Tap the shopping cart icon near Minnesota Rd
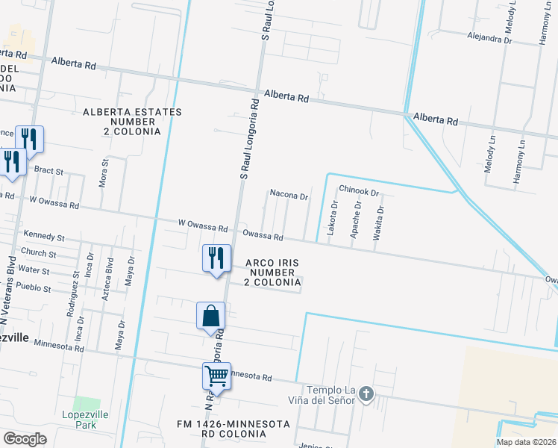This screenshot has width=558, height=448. click(216, 375)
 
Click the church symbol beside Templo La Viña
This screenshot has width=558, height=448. click(366, 393)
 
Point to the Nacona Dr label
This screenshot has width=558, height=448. click(289, 196)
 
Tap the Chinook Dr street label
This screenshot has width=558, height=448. click(359, 192)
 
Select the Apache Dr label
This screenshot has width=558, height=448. click(357, 220)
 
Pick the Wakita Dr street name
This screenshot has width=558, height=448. click(380, 222)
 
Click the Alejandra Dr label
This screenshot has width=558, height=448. click(490, 35)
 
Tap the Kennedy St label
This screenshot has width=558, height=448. click(44, 236)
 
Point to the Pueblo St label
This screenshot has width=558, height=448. click(34, 287)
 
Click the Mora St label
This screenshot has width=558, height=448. click(104, 172)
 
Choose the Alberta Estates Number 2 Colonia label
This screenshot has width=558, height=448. click(132, 121)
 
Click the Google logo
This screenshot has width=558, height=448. click(25, 438)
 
